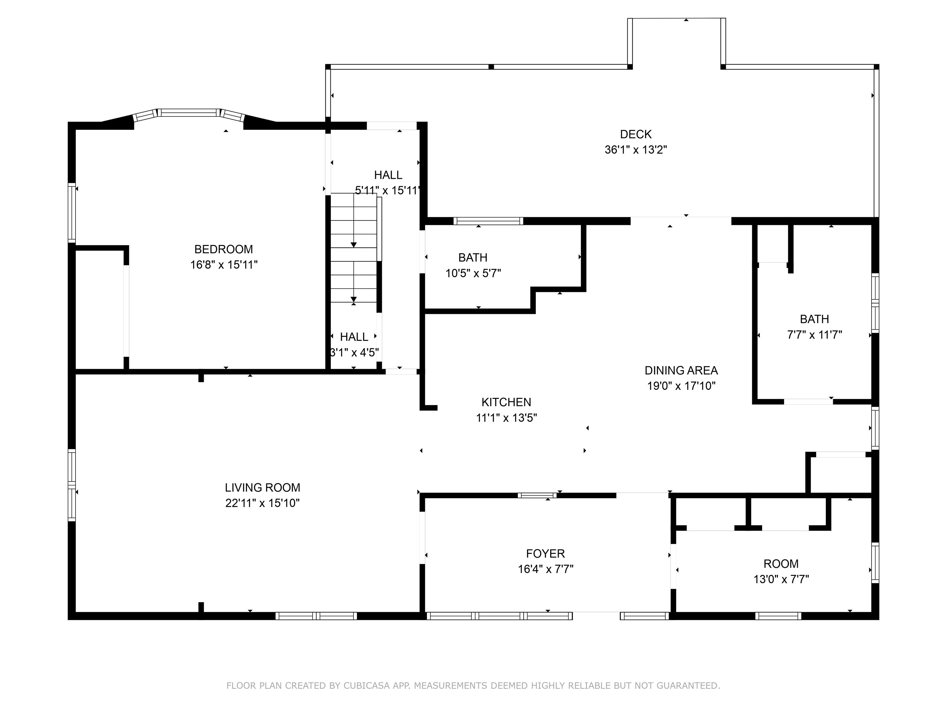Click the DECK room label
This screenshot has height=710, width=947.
[x=636, y=134]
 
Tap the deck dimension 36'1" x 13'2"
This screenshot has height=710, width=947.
[x=636, y=150]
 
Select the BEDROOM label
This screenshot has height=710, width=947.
[x=223, y=249]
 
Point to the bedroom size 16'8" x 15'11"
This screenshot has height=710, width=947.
[x=224, y=265]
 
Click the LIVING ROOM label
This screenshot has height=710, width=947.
[x=262, y=488]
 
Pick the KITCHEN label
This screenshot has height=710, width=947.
[x=506, y=402]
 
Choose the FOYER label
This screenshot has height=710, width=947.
[x=545, y=554]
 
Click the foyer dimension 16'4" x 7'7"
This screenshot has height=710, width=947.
[x=545, y=569]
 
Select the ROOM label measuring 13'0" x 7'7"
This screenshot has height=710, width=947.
[x=781, y=564]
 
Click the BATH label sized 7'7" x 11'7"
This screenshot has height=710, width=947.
[x=814, y=319]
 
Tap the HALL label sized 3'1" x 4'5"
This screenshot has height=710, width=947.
[x=354, y=337]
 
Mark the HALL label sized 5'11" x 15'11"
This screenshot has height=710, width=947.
[x=388, y=175]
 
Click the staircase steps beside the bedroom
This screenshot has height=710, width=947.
[x=354, y=248]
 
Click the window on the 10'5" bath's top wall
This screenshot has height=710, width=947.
[x=488, y=221]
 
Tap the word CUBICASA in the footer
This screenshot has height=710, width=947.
[x=367, y=686]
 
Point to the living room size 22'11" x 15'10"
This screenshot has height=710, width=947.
[x=262, y=503]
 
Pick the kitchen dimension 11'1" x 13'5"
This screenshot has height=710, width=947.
[x=506, y=418]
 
